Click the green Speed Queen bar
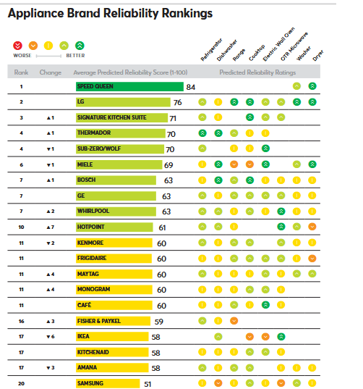pyautogui.click(x=129, y=87)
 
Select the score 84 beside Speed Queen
pyautogui.click(x=191, y=88)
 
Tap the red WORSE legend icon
pyautogui.click(x=17, y=46)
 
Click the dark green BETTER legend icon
pyautogui.click(x=80, y=46)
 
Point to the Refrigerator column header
pyautogui.click(x=211, y=49)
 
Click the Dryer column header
pyautogui.click(x=318, y=55)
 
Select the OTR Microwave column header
pyautogui.click(x=294, y=46)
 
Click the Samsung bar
pyautogui.click(x=108, y=383)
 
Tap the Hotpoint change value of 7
pyautogui.click(x=51, y=227)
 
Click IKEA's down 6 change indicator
pyautogui.click(x=51, y=337)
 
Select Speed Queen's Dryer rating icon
pyautogui.click(x=312, y=86)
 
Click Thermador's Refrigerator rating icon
pyautogui.click(x=202, y=133)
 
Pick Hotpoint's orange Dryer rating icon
pyautogui.click(x=312, y=227)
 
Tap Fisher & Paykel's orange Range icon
pyautogui.click(x=234, y=321)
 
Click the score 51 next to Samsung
pyautogui.click(x=148, y=384)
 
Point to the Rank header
pyautogui.click(x=21, y=72)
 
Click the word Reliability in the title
pyautogui.click(x=131, y=14)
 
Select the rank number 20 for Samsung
pyautogui.click(x=21, y=383)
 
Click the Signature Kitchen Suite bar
pyautogui.click(x=121, y=117)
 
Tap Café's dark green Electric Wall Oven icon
pyautogui.click(x=265, y=305)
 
